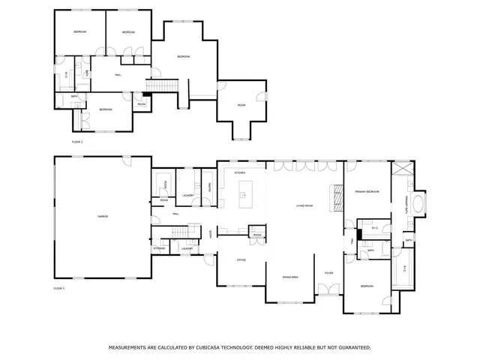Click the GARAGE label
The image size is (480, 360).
103,217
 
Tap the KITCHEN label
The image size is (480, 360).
240,173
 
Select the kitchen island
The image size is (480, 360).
243,199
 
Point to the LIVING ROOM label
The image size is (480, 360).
304,205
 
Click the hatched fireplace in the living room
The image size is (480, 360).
337,200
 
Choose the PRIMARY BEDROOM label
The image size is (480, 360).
367,192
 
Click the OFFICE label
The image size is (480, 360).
241,260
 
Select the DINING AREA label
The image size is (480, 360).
290,277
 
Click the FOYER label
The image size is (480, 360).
328,273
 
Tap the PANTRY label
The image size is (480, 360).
209,187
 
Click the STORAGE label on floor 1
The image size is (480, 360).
159,247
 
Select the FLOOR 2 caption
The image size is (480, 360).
76,141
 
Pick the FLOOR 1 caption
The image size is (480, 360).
59,288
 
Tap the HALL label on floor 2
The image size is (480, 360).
118,75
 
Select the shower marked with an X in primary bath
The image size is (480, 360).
403,167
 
